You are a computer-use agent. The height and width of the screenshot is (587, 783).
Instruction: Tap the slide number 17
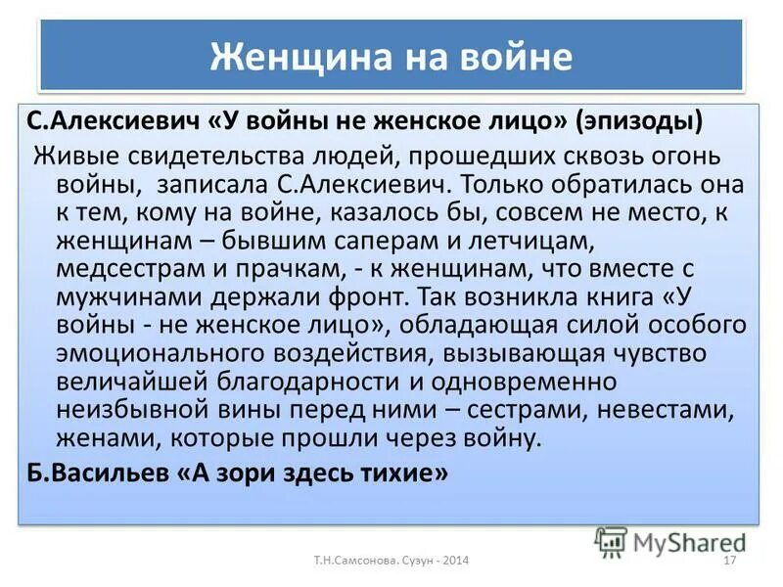pos(728,561)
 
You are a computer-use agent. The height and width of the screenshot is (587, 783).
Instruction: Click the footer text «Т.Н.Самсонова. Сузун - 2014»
pos(391,561)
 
